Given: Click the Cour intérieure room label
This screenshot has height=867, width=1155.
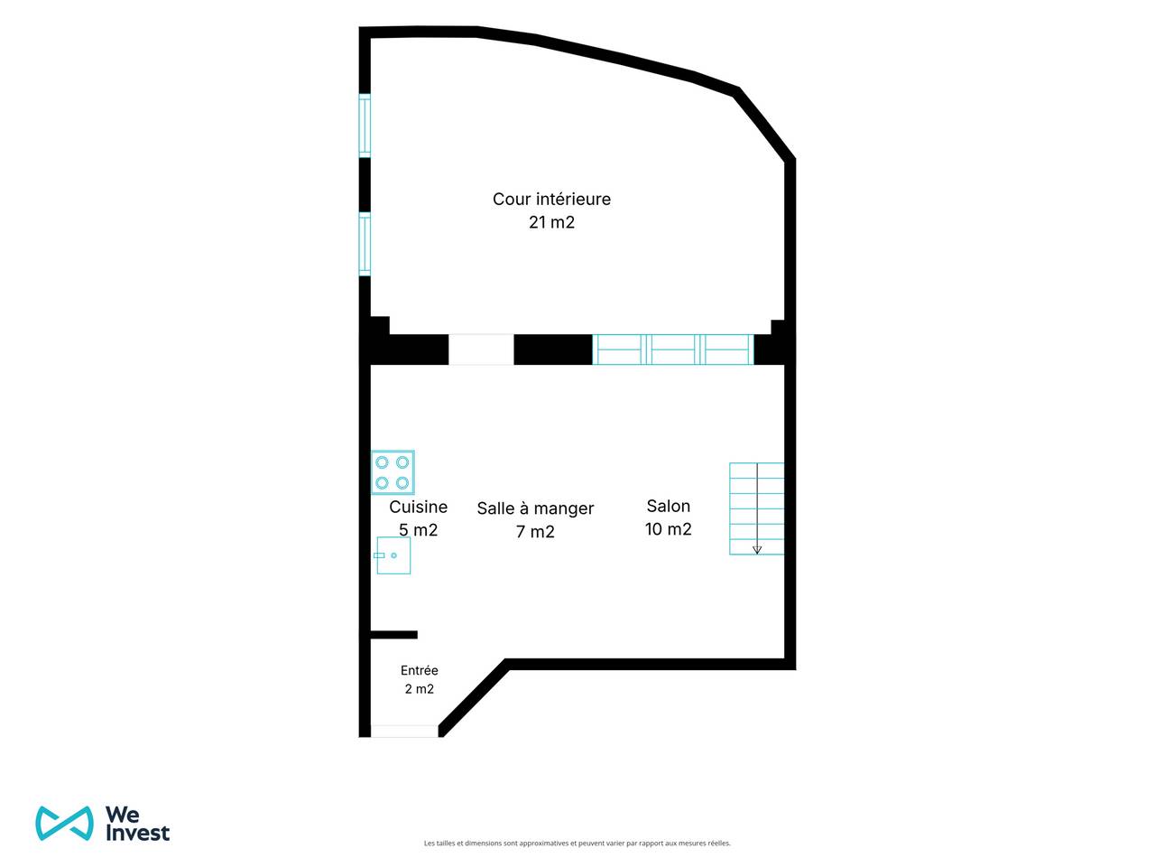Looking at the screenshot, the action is tap(551, 199).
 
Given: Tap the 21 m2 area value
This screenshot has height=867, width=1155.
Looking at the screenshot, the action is tap(551, 223).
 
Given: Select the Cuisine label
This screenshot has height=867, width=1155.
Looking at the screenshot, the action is tap(419, 507).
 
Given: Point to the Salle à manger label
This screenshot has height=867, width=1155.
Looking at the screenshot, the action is tap(535, 508).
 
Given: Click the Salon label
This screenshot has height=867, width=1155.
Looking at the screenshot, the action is tap(669, 506).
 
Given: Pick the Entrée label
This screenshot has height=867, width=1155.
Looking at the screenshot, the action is tap(420, 671).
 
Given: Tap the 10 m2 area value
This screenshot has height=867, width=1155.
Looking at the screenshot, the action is tap(669, 529).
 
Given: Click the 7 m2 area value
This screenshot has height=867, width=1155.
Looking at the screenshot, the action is tap(535, 532).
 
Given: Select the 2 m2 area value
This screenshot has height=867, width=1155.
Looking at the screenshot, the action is tap(420, 689).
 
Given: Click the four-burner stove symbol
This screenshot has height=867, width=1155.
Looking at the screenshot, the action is tap(393, 472).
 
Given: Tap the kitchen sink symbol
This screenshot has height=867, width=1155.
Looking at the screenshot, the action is tap(393, 555).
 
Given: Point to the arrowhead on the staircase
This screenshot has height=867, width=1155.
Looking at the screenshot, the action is tap(757, 550).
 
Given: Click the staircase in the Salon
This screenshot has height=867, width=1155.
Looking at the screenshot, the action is tap(757, 508).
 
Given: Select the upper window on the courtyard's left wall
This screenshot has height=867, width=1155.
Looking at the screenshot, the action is tap(365, 126).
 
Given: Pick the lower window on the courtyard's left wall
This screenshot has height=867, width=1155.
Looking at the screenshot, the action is tap(365, 244).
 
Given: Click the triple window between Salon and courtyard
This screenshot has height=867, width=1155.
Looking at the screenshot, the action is tap(673, 350).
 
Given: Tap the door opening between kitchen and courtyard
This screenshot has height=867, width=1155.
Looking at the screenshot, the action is tap(481, 350).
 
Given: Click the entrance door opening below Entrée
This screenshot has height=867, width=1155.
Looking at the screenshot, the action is tap(404, 732).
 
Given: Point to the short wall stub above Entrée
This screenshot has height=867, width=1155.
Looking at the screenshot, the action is tap(394, 635).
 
